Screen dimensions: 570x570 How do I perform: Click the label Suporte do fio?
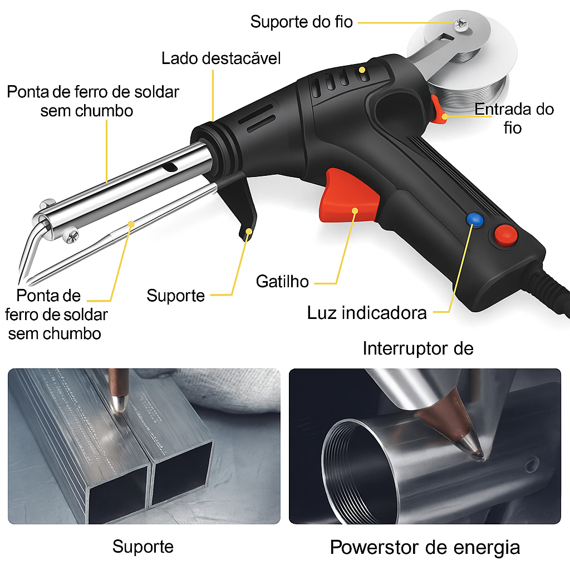pyautogui.click(x=301, y=22)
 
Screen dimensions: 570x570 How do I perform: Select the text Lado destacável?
pyautogui.click(x=221, y=58)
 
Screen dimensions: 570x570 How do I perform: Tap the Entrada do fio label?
pyautogui.click(x=514, y=118)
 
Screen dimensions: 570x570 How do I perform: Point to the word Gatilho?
pyautogui.click(x=282, y=281)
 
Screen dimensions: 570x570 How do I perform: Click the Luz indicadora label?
pyautogui.click(x=367, y=312)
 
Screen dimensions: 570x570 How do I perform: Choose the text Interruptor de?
pyautogui.click(x=417, y=348)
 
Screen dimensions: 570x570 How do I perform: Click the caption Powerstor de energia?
pyautogui.click(x=425, y=547)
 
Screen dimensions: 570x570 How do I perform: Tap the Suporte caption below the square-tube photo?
pyautogui.click(x=143, y=546)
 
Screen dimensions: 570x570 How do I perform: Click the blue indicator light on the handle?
pyautogui.click(x=474, y=219)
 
